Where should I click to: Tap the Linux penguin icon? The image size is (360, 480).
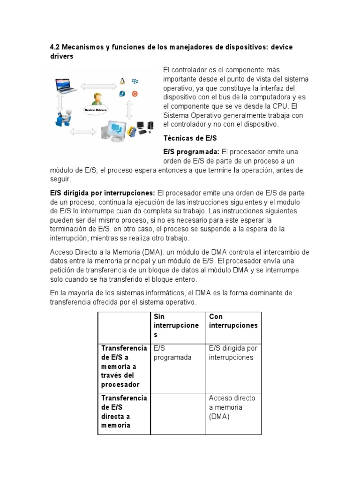click(x=123, y=82)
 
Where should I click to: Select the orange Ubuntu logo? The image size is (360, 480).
click(x=135, y=93)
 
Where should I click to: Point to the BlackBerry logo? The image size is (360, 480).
click(x=135, y=82)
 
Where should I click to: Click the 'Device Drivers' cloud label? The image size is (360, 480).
click(x=96, y=110)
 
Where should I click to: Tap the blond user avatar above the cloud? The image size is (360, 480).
click(x=97, y=99)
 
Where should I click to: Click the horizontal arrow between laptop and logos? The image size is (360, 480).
click(x=98, y=86)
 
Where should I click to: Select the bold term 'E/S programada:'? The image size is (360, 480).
click(x=191, y=152)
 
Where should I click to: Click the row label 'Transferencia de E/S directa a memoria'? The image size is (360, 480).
click(x=123, y=411)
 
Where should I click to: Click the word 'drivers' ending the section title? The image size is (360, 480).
click(x=62, y=56)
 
